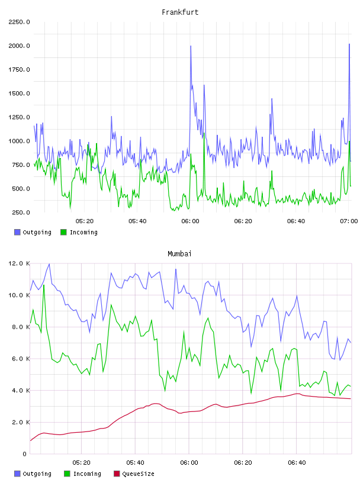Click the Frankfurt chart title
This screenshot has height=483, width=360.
coord(180,12)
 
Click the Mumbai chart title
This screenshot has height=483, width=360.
coord(179,254)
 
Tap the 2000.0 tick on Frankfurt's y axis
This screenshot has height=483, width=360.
coord(19,46)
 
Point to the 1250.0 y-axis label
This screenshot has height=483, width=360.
coord(19,117)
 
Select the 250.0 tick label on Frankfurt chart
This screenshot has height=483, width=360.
coord(21,212)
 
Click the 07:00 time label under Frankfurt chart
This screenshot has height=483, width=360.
coord(349,221)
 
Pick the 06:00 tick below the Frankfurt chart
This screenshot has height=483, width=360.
coord(190,221)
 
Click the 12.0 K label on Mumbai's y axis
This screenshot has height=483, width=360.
coord(19,263)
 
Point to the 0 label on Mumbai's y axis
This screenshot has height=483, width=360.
coord(24,454)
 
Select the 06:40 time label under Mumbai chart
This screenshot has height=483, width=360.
coord(297,463)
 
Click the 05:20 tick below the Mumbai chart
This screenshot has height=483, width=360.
coord(81,463)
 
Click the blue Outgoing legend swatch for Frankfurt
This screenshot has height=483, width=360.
coord(17,232)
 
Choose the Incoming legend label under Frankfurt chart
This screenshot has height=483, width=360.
coord(83,232)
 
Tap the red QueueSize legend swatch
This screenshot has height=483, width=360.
coord(117,474)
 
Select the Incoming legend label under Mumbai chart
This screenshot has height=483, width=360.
coord(87,474)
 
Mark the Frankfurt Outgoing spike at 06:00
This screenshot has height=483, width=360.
coord(191,46)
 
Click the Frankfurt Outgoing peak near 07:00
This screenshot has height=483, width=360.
coord(349,44)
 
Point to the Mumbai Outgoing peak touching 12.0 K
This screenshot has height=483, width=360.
coord(49,264)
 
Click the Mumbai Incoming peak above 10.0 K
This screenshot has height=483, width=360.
coord(44,285)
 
